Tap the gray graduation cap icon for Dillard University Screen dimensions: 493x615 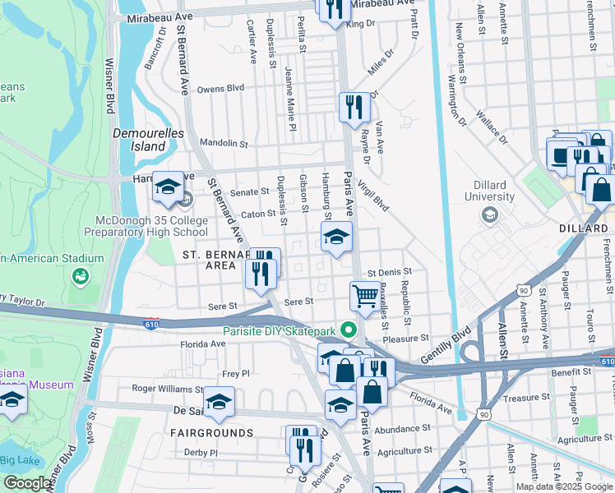(491, 215)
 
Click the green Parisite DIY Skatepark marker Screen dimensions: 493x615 (349, 331)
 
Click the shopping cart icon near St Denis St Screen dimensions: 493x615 (364, 295)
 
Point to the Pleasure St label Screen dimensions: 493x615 (406, 337)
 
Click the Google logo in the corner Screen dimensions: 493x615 (28, 483)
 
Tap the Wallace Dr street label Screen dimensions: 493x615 (491, 124)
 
